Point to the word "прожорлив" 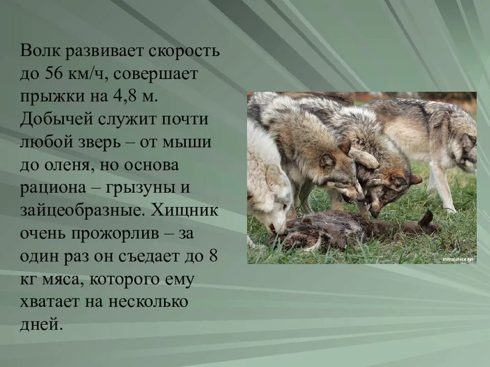117,233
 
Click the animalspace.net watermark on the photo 458,259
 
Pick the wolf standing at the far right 434,138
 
